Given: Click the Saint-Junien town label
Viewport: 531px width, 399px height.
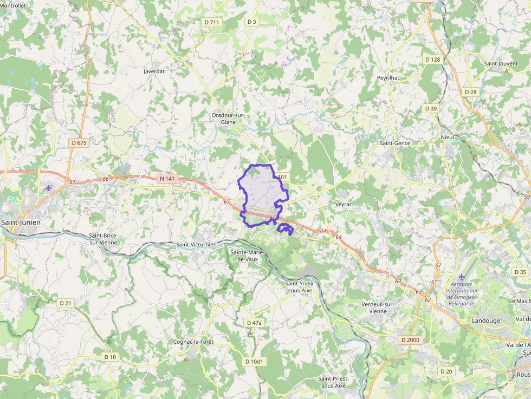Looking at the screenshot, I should tap(21, 222).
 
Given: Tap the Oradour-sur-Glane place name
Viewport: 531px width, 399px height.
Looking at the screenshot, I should tap(228, 119).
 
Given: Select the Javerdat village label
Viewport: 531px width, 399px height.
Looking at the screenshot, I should tap(154, 71).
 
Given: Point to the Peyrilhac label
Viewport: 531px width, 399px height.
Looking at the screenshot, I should tap(388, 78).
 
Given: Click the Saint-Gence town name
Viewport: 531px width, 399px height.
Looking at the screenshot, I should tap(395, 143).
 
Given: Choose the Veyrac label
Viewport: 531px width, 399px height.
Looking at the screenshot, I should tap(344, 204).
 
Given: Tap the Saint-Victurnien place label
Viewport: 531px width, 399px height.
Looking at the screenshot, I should tap(196, 245).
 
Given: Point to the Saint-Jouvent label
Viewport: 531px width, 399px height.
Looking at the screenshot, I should tap(501, 63).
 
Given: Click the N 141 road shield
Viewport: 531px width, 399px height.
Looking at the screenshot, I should tap(167, 178).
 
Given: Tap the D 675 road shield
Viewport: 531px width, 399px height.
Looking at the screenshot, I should tap(79, 142).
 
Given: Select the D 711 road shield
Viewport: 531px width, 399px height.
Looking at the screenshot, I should tap(212, 22).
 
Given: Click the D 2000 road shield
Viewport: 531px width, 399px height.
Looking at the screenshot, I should tap(410, 339).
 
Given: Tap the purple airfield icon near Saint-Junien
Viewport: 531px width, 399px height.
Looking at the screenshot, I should tap(49, 188).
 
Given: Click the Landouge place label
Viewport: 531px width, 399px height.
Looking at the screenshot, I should tap(486, 320).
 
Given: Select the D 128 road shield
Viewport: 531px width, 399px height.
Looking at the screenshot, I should tap(432, 59).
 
